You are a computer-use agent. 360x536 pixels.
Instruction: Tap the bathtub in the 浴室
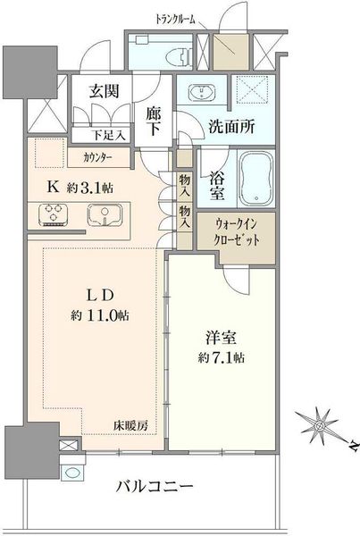point(256,180)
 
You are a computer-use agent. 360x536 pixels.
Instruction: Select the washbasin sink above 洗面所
point(201,93)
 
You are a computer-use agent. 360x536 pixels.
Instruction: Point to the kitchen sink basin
point(105,215)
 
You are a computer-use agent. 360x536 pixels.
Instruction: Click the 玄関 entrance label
point(104,91)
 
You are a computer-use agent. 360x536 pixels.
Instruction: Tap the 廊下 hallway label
point(153,121)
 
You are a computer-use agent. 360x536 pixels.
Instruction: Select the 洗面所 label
point(231,127)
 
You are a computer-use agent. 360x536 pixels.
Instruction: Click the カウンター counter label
point(97,157)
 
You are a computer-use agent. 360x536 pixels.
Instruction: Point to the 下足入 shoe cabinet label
point(108,136)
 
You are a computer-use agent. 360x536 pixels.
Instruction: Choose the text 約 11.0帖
point(100,315)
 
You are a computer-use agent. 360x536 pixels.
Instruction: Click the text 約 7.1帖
point(221,357)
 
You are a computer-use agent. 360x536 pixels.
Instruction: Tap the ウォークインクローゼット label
point(237,232)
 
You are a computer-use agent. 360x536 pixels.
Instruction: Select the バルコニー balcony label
point(155,486)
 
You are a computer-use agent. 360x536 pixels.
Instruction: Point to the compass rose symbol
point(320,426)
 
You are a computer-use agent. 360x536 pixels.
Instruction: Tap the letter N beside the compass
point(354,446)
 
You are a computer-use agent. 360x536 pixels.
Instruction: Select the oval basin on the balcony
point(72,473)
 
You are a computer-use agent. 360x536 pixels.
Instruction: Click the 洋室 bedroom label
point(221,338)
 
